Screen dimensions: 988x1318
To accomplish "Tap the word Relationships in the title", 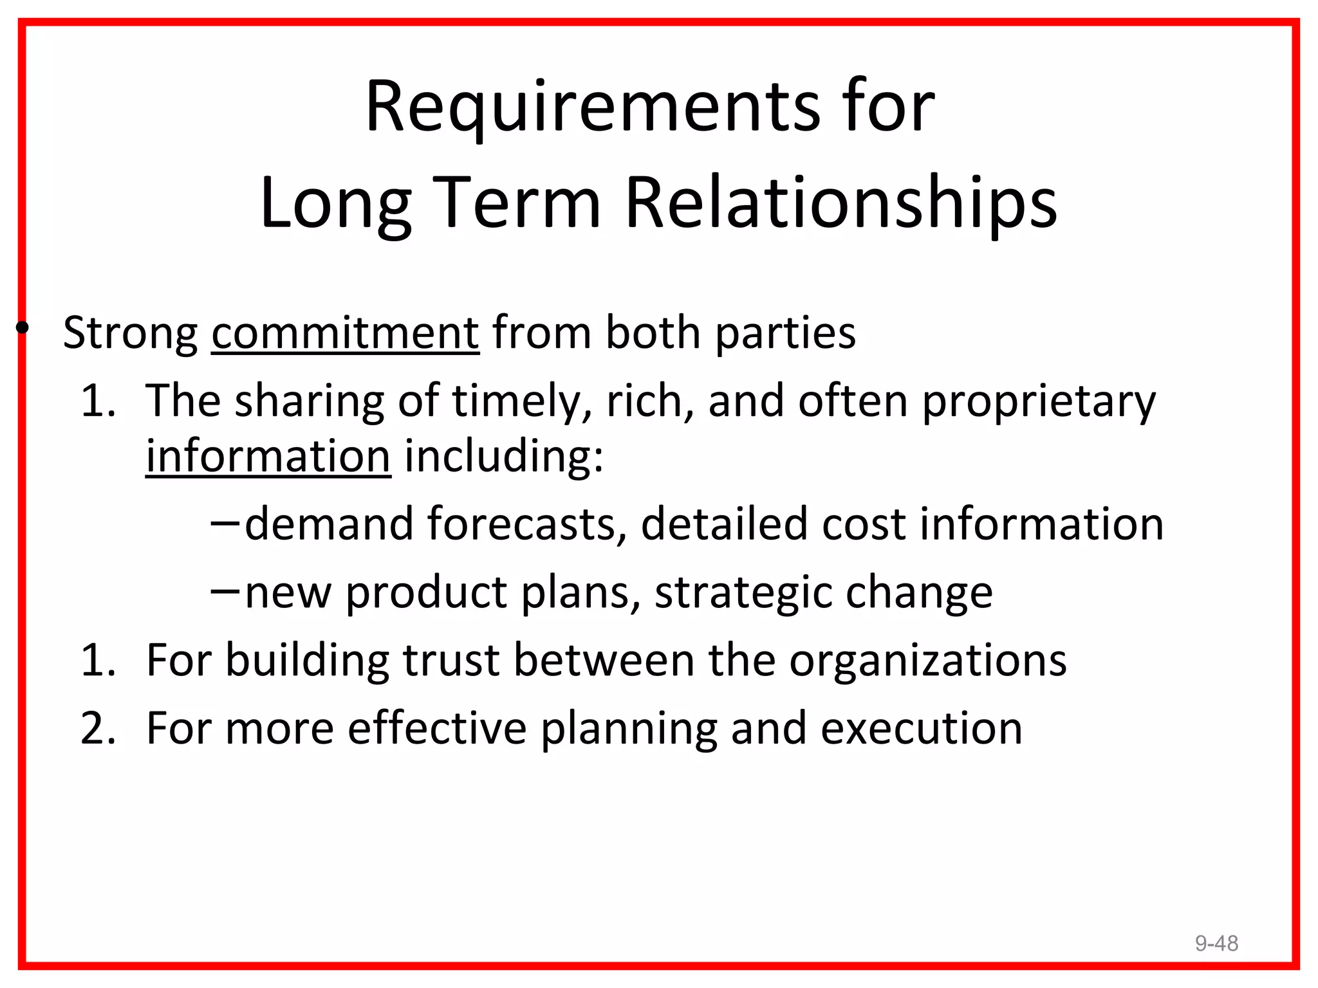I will pos(840,203).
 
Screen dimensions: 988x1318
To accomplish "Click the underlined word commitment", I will pos(345,333).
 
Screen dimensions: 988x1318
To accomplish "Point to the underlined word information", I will pos(268,457).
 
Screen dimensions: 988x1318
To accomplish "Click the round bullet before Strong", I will pos(23,328).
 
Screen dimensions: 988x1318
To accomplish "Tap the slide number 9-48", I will pos(1216,943).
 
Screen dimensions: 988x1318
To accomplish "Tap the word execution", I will pos(921,729).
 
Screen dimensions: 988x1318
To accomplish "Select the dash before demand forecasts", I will pos(225,524).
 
